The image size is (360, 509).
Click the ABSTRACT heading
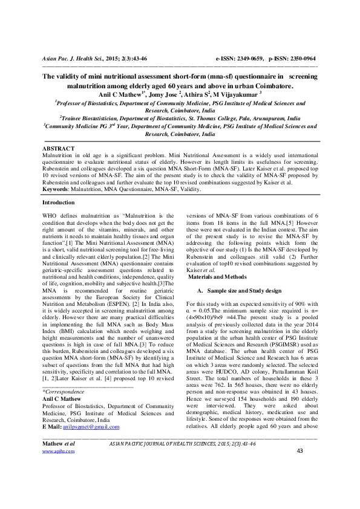pyautogui.click(x=58, y=148)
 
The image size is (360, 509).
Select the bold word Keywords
pyautogui.click(x=54, y=189)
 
